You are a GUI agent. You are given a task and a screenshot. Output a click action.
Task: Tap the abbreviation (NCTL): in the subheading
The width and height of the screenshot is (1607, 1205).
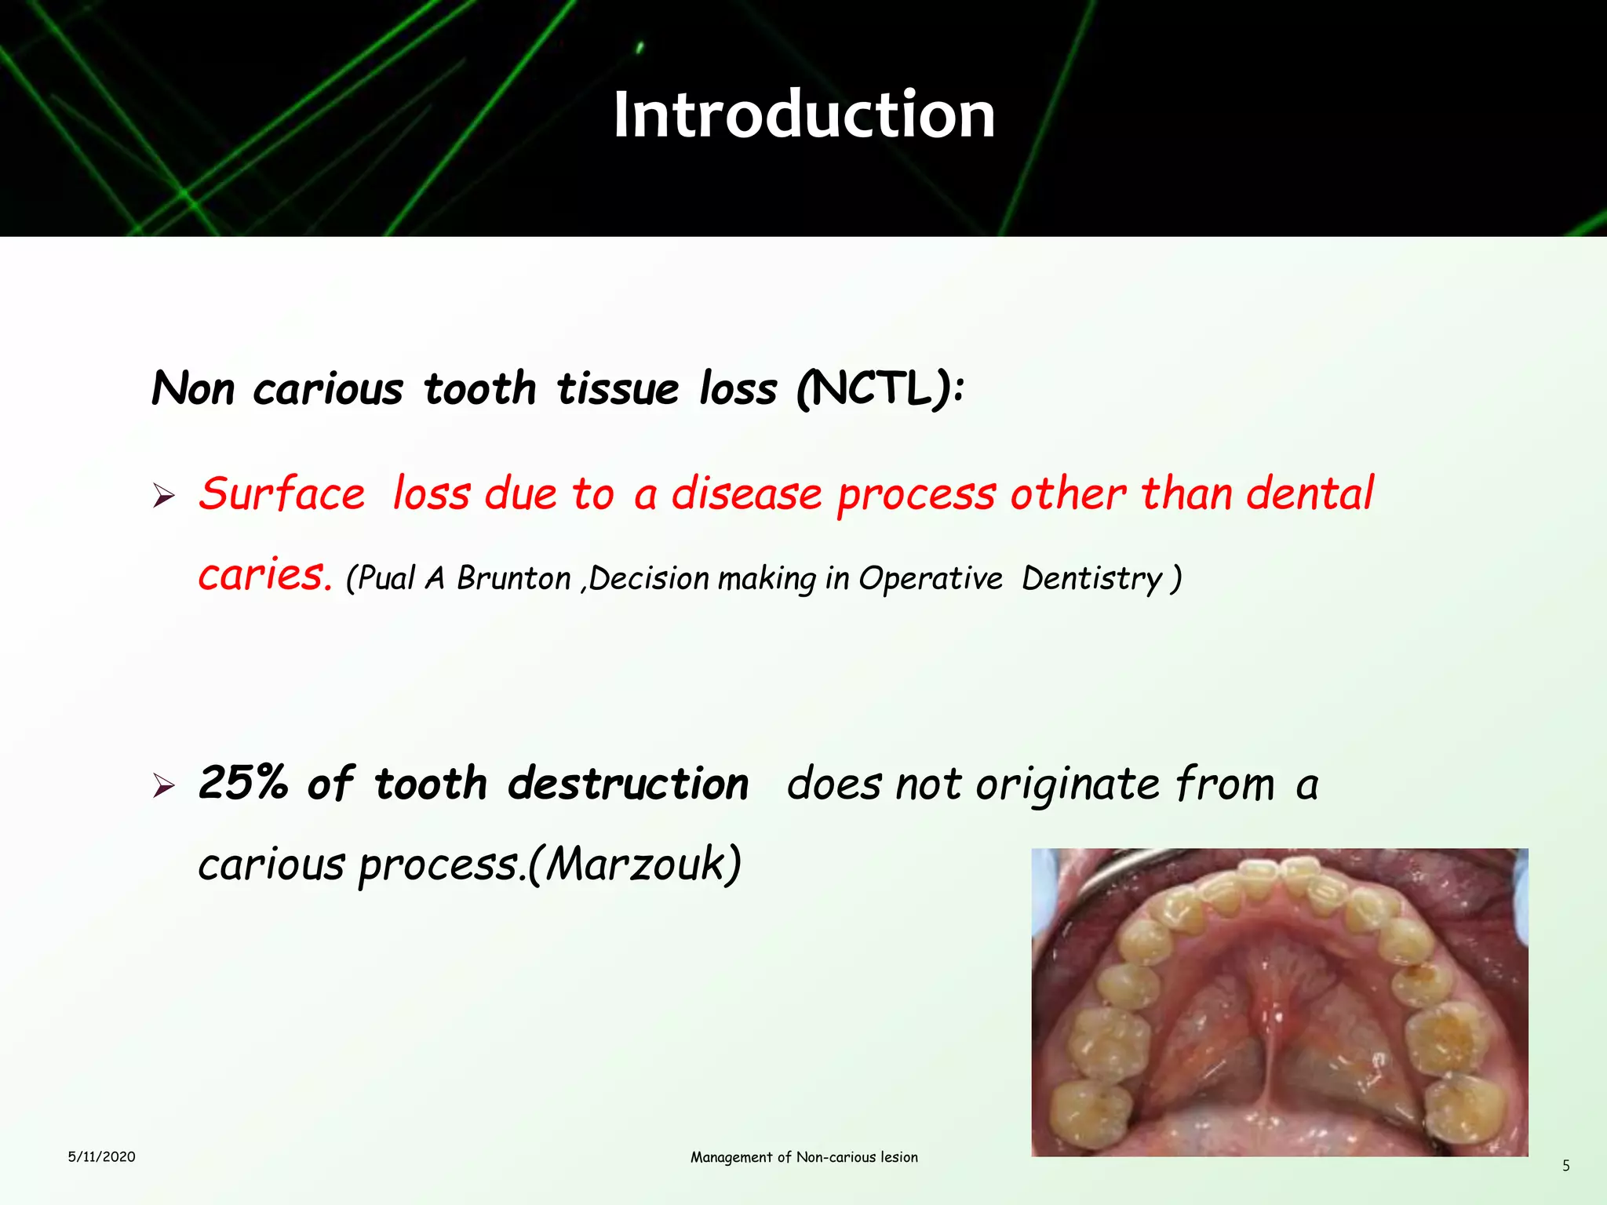pos(880,388)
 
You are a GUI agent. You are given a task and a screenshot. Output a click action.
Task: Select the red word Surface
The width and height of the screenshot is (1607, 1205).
pos(282,495)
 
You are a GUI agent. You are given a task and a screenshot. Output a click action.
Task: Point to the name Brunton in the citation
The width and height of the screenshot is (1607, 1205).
pos(513,579)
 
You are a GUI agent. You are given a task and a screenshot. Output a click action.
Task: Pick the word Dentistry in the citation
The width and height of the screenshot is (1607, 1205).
pos(1091,579)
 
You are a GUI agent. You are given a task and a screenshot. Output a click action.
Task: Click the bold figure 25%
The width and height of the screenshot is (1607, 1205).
pos(242,783)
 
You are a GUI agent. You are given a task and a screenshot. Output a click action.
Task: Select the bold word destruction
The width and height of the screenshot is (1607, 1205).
pos(628,783)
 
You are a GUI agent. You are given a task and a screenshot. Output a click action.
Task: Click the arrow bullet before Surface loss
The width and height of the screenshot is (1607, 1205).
pos(164,496)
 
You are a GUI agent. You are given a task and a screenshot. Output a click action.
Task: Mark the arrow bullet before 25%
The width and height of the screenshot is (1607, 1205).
pos(164,785)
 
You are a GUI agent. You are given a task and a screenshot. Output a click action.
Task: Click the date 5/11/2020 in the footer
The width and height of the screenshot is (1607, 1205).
pos(101,1156)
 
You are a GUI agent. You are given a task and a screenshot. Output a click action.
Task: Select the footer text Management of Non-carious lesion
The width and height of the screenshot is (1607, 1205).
pos(803,1157)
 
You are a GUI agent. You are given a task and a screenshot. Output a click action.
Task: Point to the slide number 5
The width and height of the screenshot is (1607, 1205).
pos(1565,1166)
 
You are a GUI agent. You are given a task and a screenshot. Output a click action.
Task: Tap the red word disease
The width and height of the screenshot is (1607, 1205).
pos(746,495)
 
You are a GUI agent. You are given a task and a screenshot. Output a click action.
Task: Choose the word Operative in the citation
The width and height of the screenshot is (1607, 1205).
pos(930,579)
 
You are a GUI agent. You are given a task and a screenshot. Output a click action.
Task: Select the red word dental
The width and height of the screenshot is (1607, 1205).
pos(1310,493)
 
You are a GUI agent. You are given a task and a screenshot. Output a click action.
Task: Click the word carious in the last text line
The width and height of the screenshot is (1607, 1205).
pos(271,865)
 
